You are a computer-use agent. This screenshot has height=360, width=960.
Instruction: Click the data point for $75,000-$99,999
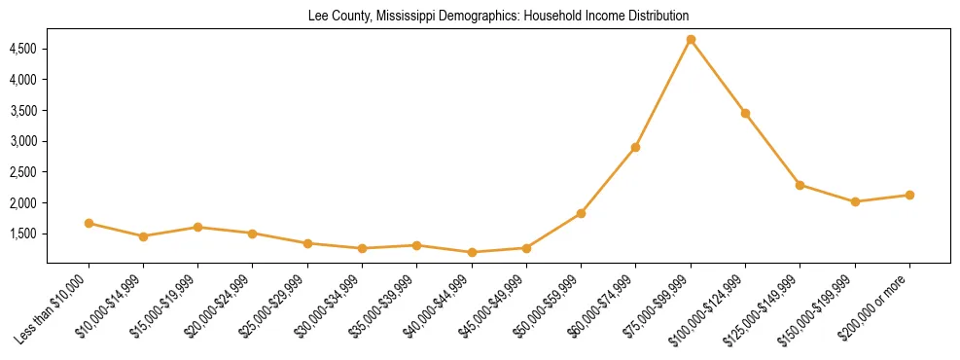tap(691, 40)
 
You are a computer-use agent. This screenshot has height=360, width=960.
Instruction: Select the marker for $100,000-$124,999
tap(745, 113)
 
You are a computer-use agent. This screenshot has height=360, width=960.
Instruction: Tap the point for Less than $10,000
tap(89, 223)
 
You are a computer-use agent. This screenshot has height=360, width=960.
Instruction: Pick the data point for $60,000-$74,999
tap(635, 147)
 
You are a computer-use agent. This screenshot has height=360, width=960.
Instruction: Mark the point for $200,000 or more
tap(909, 195)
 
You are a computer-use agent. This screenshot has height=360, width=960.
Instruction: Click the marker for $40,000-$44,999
tap(472, 252)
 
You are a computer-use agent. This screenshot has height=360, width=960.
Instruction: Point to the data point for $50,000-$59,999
tap(581, 213)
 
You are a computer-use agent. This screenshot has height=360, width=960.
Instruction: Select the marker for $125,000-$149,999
tap(800, 185)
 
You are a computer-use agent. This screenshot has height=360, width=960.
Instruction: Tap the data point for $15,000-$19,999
tap(197, 227)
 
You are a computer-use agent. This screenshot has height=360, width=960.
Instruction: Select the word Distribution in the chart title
tap(654, 16)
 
